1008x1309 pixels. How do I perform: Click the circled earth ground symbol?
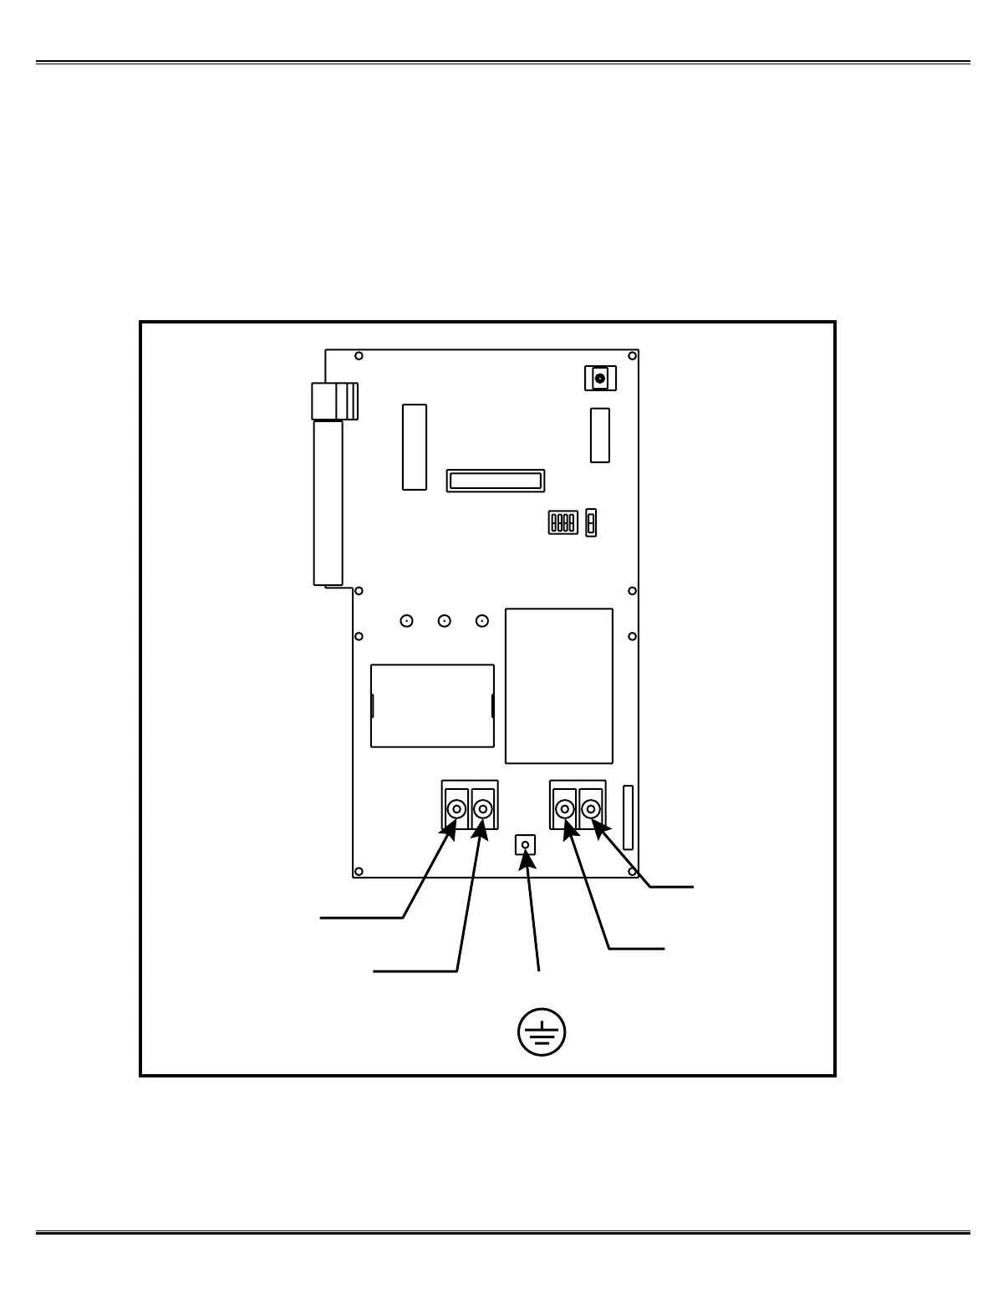pyautogui.click(x=541, y=1032)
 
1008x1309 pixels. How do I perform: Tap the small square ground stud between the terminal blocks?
pyautogui.click(x=525, y=845)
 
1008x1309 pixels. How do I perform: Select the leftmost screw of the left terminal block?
pyautogui.click(x=456, y=809)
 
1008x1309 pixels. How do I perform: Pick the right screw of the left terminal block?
pyautogui.click(x=483, y=809)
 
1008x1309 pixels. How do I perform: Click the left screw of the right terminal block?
pyautogui.click(x=565, y=809)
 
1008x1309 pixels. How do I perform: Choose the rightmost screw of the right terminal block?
pyautogui.click(x=591, y=809)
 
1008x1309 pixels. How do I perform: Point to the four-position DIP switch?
pyautogui.click(x=563, y=522)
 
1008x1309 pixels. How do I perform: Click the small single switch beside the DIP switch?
pyautogui.click(x=591, y=522)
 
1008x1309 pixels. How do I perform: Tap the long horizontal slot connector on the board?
pyautogui.click(x=496, y=481)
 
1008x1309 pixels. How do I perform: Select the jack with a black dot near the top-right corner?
pyautogui.click(x=599, y=379)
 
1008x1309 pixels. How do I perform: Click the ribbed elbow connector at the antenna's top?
pyautogui.click(x=334, y=400)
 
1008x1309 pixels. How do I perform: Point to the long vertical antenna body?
pyautogui.click(x=328, y=502)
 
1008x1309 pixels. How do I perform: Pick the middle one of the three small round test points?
pyautogui.click(x=445, y=621)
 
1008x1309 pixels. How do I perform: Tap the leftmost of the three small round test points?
pyautogui.click(x=406, y=621)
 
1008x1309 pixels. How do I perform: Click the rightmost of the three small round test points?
pyautogui.click(x=481, y=621)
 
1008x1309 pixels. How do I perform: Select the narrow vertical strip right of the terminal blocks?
pyautogui.click(x=629, y=817)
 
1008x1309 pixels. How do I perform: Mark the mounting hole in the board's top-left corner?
pyautogui.click(x=359, y=356)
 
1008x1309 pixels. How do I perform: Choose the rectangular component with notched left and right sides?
pyautogui.click(x=432, y=705)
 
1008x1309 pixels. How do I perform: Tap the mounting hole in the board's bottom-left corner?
pyautogui.click(x=359, y=870)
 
